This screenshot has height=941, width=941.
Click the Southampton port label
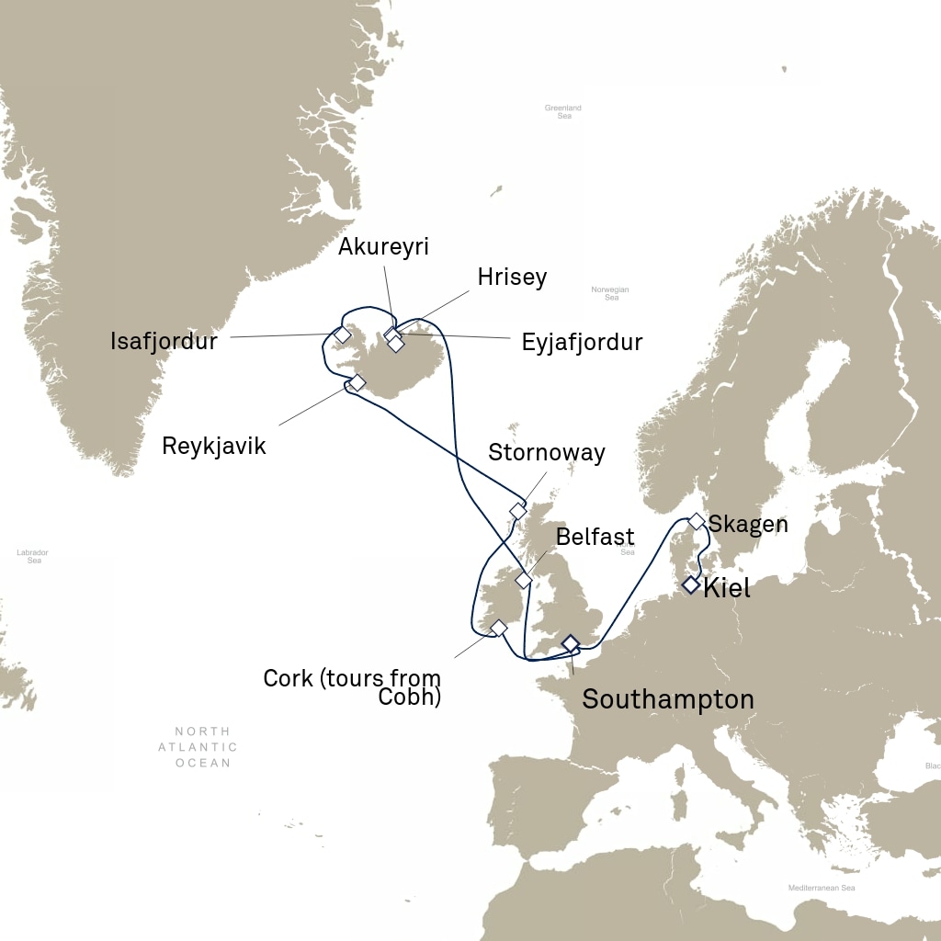(x=668, y=699)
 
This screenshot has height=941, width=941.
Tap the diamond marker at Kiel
(x=690, y=584)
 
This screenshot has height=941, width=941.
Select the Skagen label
(x=748, y=525)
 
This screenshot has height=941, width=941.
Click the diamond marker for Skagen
(x=697, y=522)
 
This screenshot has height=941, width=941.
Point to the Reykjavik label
(x=213, y=447)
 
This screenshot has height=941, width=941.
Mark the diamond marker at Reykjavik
(x=357, y=382)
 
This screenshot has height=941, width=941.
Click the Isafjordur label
(x=164, y=342)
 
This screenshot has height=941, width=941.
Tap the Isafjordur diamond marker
(x=342, y=334)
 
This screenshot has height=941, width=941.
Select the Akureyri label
(x=383, y=246)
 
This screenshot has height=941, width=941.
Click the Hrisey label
(x=512, y=278)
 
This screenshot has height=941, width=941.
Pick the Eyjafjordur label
(x=582, y=343)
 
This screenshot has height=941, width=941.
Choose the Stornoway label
(x=547, y=452)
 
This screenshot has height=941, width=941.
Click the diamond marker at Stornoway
(x=517, y=510)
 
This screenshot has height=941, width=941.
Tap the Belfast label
(x=595, y=537)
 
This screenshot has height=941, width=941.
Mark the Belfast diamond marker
(x=523, y=580)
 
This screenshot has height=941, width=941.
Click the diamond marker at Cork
(x=498, y=628)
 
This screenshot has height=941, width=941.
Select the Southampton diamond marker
(x=570, y=642)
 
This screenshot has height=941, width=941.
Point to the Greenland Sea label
(x=563, y=112)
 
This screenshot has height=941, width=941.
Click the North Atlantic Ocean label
(x=198, y=747)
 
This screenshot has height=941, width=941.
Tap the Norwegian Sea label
(x=611, y=293)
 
